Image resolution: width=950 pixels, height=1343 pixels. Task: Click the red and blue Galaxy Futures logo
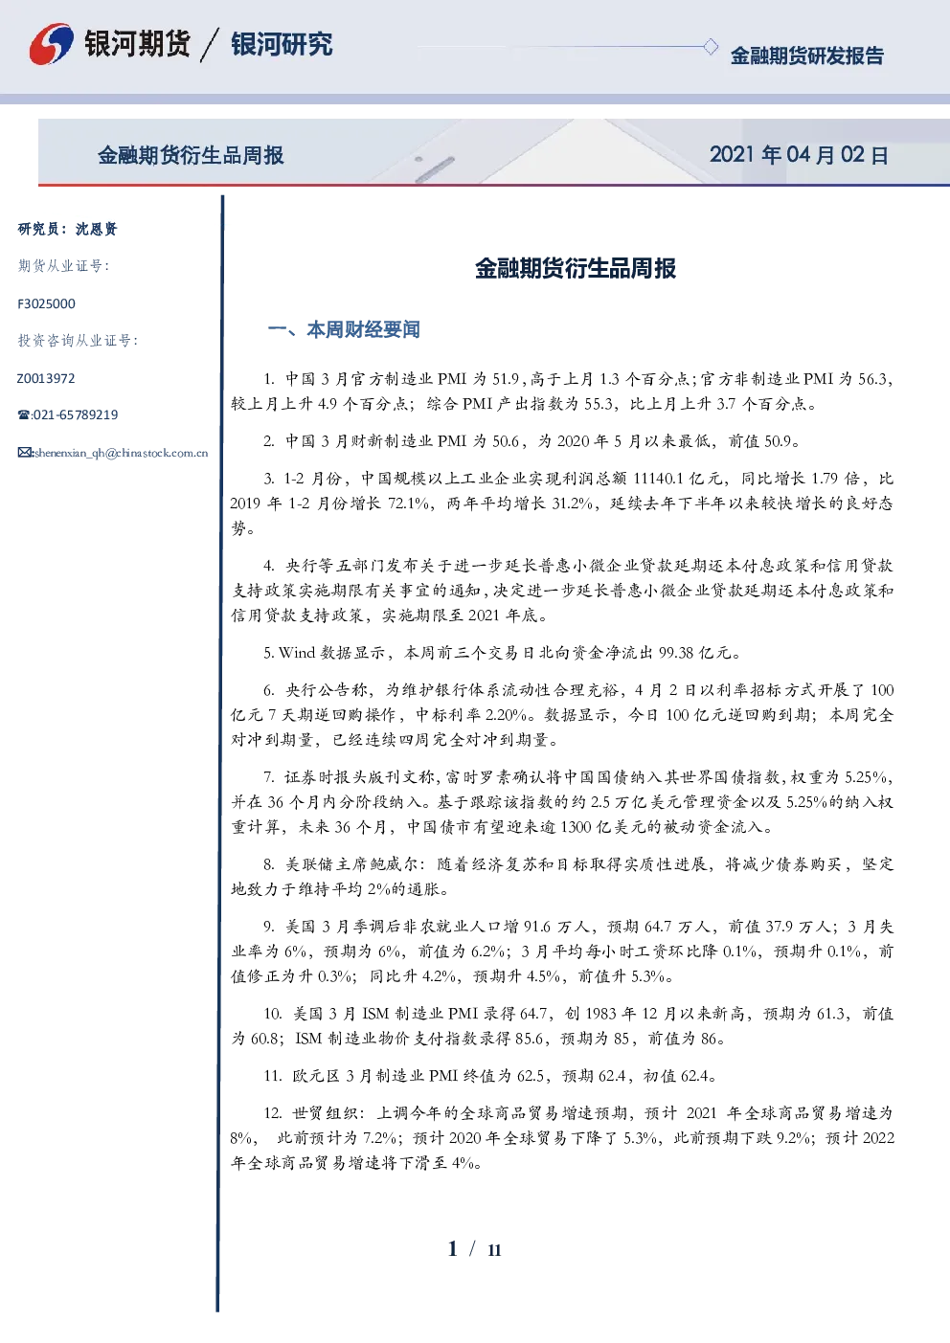(52, 44)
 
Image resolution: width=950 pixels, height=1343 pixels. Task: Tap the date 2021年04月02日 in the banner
(799, 155)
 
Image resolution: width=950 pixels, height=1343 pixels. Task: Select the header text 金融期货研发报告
(806, 56)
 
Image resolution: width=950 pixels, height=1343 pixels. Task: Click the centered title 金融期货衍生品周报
(576, 268)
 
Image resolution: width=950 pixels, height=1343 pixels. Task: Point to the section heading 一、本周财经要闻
(344, 329)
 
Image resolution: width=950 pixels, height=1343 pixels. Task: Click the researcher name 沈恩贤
(96, 229)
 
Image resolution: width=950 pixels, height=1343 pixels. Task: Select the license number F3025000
(46, 303)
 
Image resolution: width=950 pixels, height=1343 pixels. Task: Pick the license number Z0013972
(46, 378)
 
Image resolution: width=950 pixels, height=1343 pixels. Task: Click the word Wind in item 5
(297, 652)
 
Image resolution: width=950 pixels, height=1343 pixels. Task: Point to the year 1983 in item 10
(601, 1014)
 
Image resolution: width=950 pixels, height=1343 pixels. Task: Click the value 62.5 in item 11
(531, 1076)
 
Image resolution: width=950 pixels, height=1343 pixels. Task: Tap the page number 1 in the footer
(453, 1248)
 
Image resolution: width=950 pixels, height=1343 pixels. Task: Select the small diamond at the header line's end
(710, 46)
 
